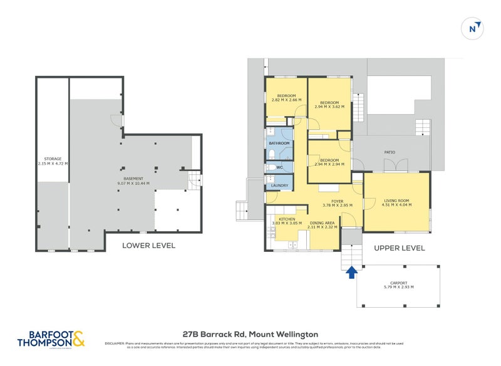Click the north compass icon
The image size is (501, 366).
(x=474, y=28)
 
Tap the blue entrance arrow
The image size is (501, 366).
(x=351, y=271)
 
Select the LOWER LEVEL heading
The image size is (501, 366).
(x=148, y=246)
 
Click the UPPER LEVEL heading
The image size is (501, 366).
(x=399, y=248)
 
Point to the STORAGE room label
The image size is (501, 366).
(x=53, y=159)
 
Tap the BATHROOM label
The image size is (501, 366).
(x=279, y=144)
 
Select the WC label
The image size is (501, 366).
(x=279, y=167)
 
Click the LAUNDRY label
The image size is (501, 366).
(x=279, y=186)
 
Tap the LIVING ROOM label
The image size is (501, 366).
(x=396, y=201)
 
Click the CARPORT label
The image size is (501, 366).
(x=395, y=283)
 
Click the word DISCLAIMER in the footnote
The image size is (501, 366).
(x=115, y=343)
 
